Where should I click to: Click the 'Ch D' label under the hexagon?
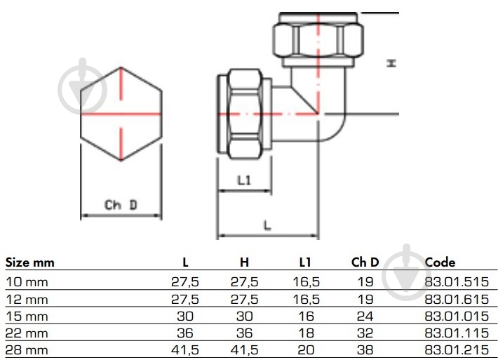(121, 205)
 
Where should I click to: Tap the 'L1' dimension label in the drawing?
(244, 180)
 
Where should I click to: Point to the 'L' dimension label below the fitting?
(267, 225)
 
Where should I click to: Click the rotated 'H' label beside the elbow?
(391, 63)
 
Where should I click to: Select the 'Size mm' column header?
(30, 262)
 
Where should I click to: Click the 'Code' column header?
(440, 262)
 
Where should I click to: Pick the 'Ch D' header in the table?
(365, 262)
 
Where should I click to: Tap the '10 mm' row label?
(27, 282)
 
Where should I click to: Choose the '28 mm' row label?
(27, 350)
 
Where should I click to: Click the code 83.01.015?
(457, 316)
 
